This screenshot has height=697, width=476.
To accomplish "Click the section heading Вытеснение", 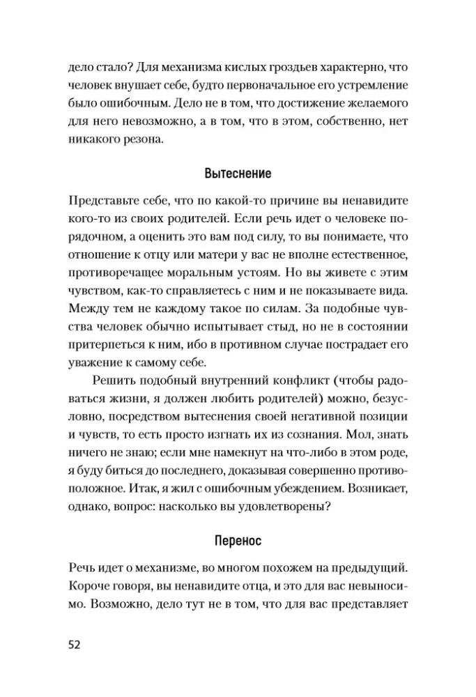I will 238,173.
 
